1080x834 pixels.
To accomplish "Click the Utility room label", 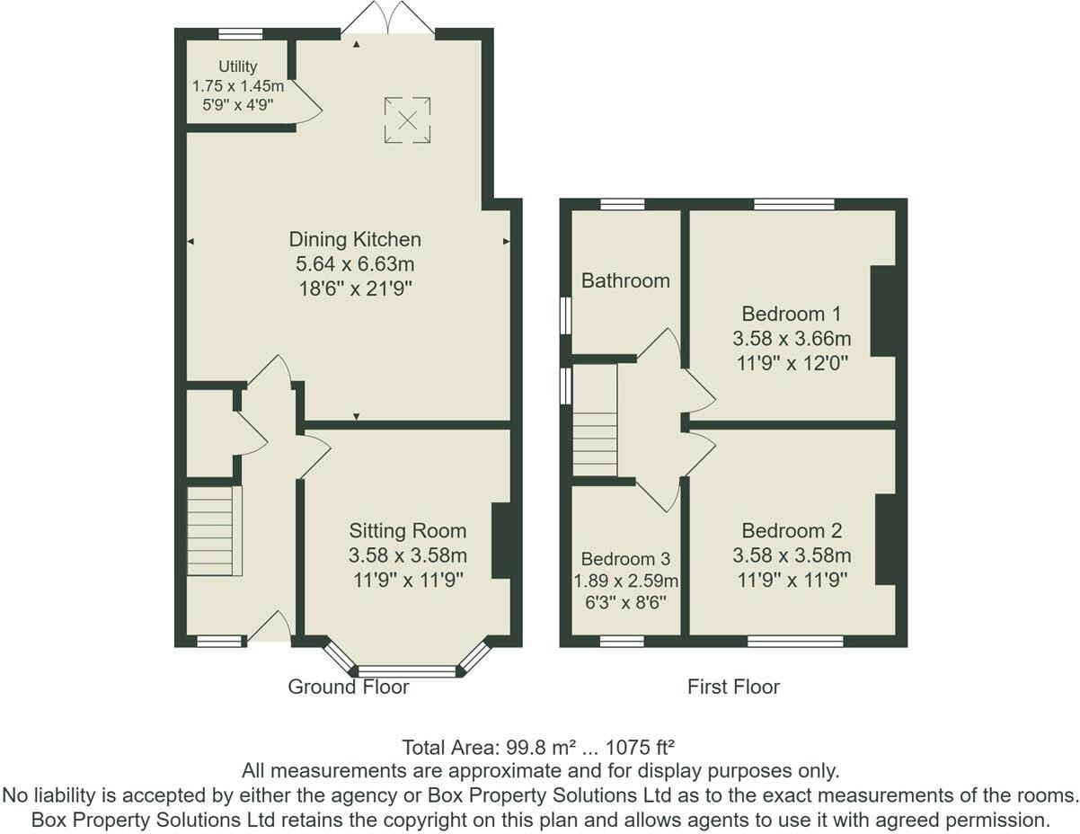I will pos(238,67).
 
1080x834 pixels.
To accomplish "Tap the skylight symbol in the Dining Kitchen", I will pos(408,120).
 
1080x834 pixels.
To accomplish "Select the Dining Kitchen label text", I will pos(355,239).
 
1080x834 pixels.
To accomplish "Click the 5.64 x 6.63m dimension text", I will pos(355,264).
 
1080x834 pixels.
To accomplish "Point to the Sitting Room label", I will pos(408,530).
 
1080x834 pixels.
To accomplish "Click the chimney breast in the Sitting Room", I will pos(503,539).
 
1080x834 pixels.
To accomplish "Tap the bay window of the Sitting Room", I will pos(407,670).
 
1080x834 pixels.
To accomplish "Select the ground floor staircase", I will pos(214,530).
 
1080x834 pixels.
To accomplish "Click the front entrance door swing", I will pos(272,626).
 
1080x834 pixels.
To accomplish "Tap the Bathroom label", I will pos(625,280).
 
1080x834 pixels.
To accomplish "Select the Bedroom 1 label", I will pos(791,314).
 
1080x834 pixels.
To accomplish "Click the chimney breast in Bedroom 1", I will pos(883,311).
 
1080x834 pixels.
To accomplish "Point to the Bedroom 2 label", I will pos(792,530).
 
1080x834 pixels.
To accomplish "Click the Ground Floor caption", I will pos(349,687).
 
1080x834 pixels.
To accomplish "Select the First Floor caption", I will pos(733,687).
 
